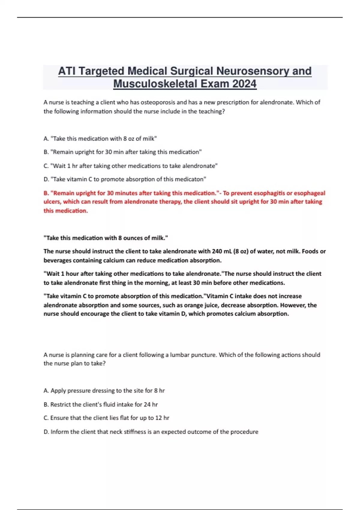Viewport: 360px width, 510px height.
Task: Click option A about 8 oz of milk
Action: [100, 139]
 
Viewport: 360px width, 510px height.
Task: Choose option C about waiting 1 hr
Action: [130, 166]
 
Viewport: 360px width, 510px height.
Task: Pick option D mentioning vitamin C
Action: [125, 179]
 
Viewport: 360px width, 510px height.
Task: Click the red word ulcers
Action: [52, 202]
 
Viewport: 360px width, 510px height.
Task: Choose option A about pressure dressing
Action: [104, 391]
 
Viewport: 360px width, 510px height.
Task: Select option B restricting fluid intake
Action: [100, 404]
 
